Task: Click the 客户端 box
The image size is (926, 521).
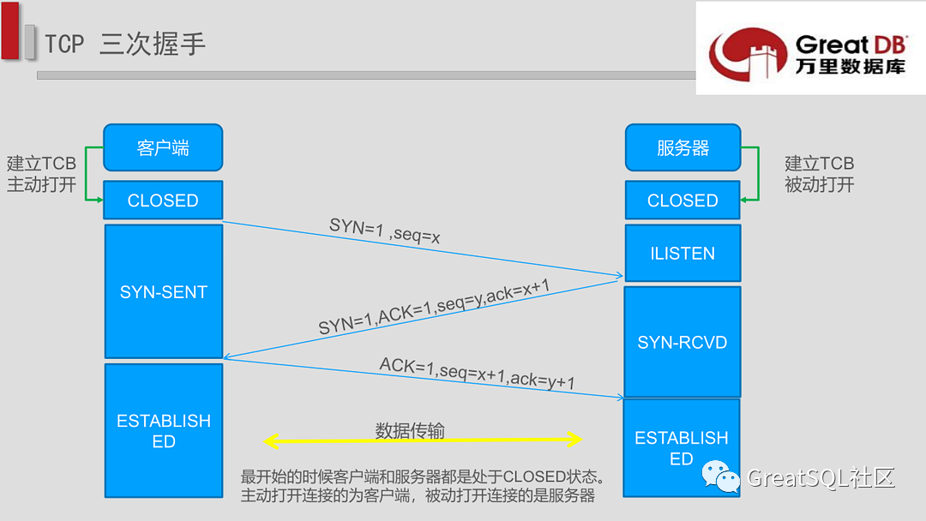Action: point(163,147)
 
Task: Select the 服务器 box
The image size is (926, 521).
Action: point(682,147)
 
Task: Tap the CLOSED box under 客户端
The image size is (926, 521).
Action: point(163,201)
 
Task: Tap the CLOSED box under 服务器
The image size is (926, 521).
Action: point(682,201)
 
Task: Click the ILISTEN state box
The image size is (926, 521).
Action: point(682,253)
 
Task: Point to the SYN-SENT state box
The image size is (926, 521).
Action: point(163,291)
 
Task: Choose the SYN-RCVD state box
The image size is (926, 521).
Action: point(682,342)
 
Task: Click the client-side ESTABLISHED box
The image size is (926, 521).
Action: point(163,431)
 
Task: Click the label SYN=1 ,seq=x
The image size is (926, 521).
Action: point(385,231)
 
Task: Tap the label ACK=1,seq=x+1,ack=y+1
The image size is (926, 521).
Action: point(477,374)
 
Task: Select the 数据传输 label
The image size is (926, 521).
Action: point(410,430)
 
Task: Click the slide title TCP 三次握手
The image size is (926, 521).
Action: point(125,44)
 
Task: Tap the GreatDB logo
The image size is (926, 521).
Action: point(809,50)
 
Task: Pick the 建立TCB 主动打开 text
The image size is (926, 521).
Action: point(41,174)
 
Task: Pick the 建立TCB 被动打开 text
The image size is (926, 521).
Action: point(820,174)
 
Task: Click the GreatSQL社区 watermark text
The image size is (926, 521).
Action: point(821,477)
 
